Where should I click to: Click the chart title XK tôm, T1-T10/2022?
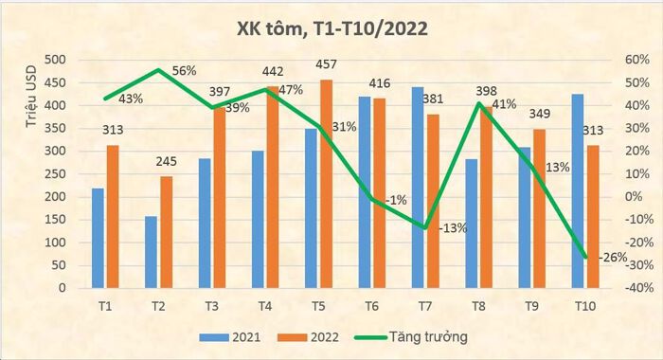point(331,28)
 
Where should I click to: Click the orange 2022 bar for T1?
point(113,216)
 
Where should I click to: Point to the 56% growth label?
point(184,70)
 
